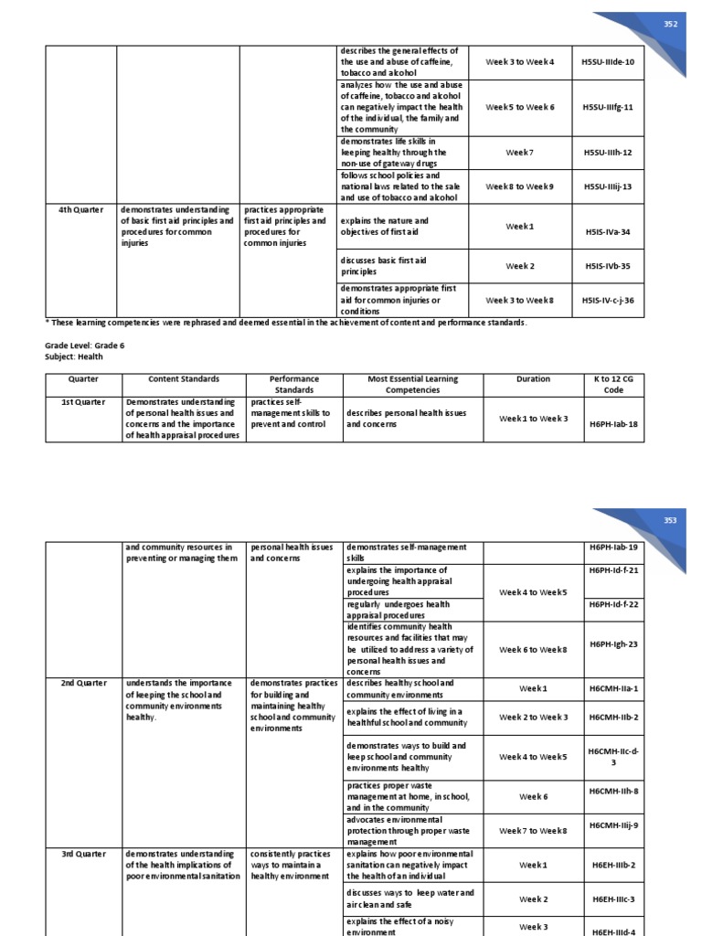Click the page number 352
[x=671, y=25]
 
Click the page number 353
[x=671, y=520]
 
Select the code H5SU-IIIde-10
[x=608, y=61]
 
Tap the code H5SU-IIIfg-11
[x=608, y=107]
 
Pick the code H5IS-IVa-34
[x=608, y=231]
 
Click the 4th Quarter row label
[x=80, y=209]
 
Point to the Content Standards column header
[x=184, y=378]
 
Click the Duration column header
[x=533, y=378]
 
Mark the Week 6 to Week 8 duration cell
[x=533, y=650]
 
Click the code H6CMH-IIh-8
[x=613, y=796]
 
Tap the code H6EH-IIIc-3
[x=613, y=899]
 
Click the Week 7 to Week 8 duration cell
[x=533, y=830]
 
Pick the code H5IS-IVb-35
[x=608, y=266]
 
